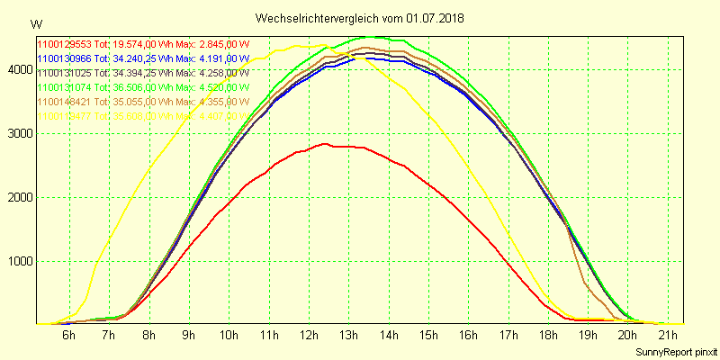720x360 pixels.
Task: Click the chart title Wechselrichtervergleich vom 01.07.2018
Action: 360,18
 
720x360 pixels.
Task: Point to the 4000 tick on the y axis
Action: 18,69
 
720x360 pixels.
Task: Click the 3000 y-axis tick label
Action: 18,133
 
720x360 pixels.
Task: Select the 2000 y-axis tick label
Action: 18,197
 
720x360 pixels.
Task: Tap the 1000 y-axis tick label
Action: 18,262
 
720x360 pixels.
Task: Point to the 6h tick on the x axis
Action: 68,335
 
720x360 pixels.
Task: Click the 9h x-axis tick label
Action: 188,335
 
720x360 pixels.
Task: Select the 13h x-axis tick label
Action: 349,335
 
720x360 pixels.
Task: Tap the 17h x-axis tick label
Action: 509,335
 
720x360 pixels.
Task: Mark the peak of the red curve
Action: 325,143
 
